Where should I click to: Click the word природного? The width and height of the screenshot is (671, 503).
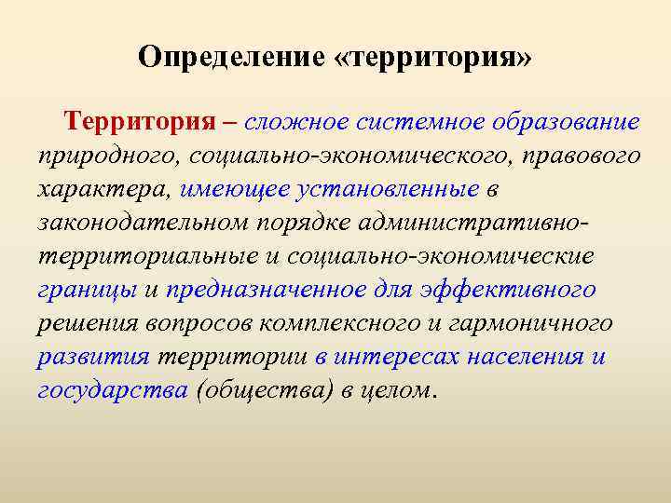point(92,156)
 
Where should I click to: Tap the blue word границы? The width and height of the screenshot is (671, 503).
point(85,290)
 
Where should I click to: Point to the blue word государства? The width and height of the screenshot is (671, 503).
point(113,390)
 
